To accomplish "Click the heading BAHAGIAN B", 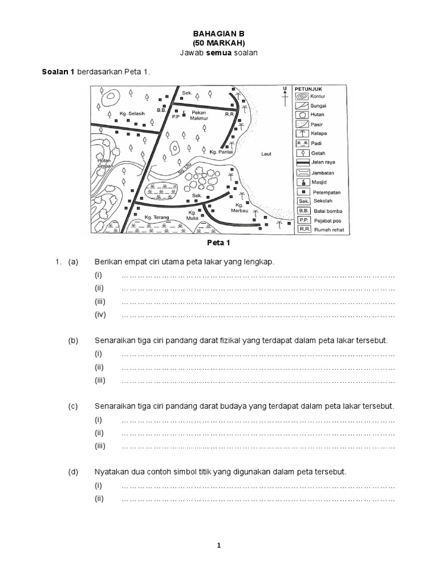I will pos(219,34).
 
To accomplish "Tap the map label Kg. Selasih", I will pos(133,113).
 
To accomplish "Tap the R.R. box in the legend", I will pos(303,230).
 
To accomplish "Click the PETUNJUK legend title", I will pos(309,89).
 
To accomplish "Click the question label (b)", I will pos(72,340).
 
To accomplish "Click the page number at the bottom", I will pos(219,546).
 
